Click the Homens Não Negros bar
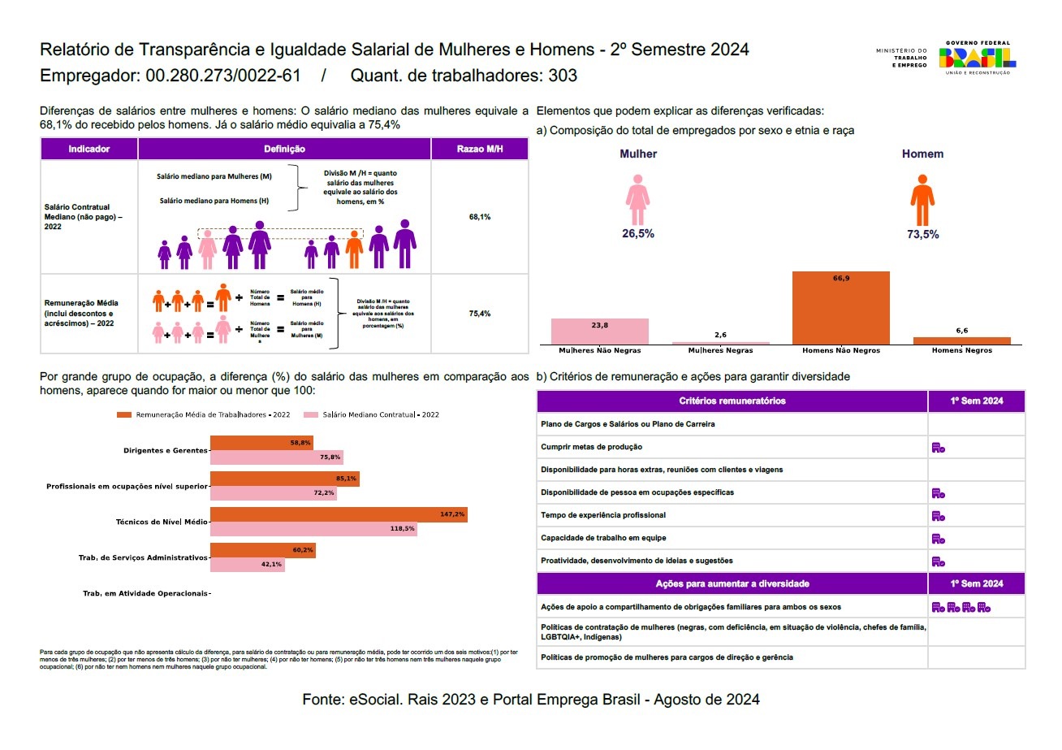pyautogui.click(x=841, y=308)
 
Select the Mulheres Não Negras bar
pyautogui.click(x=600, y=332)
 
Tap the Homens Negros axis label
pyautogui.click(x=962, y=350)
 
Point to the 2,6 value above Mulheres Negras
pyautogui.click(x=721, y=335)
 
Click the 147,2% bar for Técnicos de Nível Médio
pyautogui.click(x=339, y=514)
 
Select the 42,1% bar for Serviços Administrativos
pyautogui.click(x=248, y=565)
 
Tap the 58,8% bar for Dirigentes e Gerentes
pyautogui.click(x=261, y=443)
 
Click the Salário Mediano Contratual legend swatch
pyautogui.click(x=310, y=414)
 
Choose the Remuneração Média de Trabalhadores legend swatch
pyautogui.click(x=124, y=414)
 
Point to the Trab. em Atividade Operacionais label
pyautogui.click(x=145, y=594)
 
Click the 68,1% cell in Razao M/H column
pyautogui.click(x=479, y=217)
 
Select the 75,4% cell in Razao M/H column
pyautogui.click(x=479, y=314)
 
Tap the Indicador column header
pyautogui.click(x=89, y=150)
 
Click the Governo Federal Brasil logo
pyautogui.click(x=977, y=58)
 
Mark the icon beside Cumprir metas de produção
pyautogui.click(x=939, y=447)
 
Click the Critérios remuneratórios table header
pyautogui.click(x=732, y=401)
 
